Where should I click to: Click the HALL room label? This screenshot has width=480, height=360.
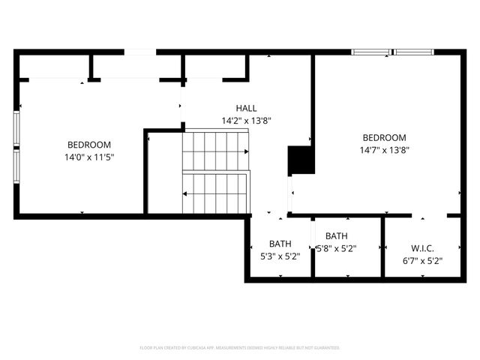coord(246,108)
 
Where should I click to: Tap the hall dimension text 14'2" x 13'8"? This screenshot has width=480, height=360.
coord(245,120)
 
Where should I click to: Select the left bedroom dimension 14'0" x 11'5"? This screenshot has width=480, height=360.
coord(89,157)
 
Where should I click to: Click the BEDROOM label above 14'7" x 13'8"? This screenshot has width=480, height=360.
coord(384,137)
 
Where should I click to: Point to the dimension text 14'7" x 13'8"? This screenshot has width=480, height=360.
coord(384,149)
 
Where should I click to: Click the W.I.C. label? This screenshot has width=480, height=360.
coord(422,248)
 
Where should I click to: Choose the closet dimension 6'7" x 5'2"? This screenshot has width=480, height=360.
coord(422,261)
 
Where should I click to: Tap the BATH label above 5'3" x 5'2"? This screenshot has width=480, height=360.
coord(280,244)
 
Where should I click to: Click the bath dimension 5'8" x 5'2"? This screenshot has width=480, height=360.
coord(336,248)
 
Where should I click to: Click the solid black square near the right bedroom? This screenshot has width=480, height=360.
coord(301,159)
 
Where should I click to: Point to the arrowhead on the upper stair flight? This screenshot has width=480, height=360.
coord(245,151)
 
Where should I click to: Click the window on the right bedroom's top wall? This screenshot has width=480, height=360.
coord(393,52)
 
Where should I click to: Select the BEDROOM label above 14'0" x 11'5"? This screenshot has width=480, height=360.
coord(89,145)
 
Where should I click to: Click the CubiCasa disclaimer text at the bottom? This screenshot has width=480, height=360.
coord(240,348)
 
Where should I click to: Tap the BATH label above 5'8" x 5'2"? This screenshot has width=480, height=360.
coord(337,236)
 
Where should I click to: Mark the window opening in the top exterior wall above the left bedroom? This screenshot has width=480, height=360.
coord(140,52)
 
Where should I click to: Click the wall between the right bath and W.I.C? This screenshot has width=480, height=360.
coord(383,247)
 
